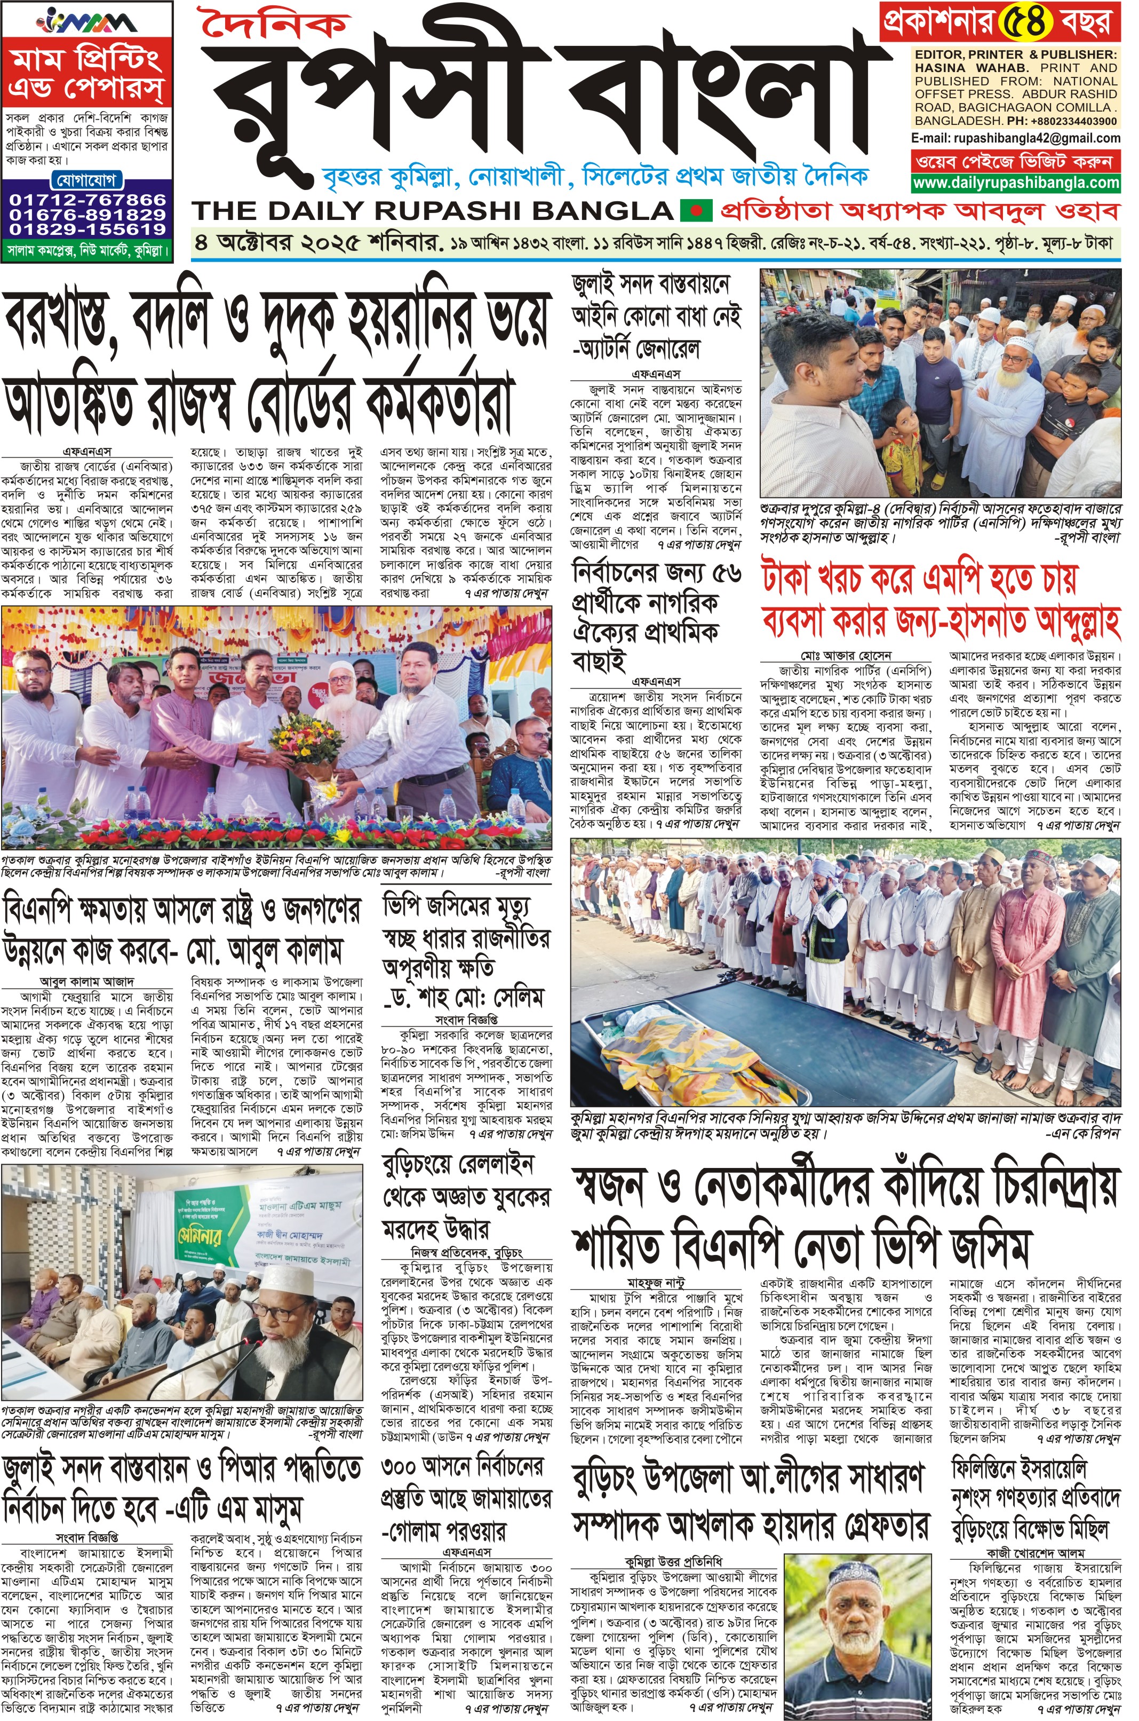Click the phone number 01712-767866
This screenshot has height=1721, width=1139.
point(87,200)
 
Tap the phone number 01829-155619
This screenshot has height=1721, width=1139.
point(87,229)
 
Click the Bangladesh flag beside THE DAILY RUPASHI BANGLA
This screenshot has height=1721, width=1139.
point(696,211)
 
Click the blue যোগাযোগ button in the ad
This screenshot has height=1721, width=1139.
point(87,181)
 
